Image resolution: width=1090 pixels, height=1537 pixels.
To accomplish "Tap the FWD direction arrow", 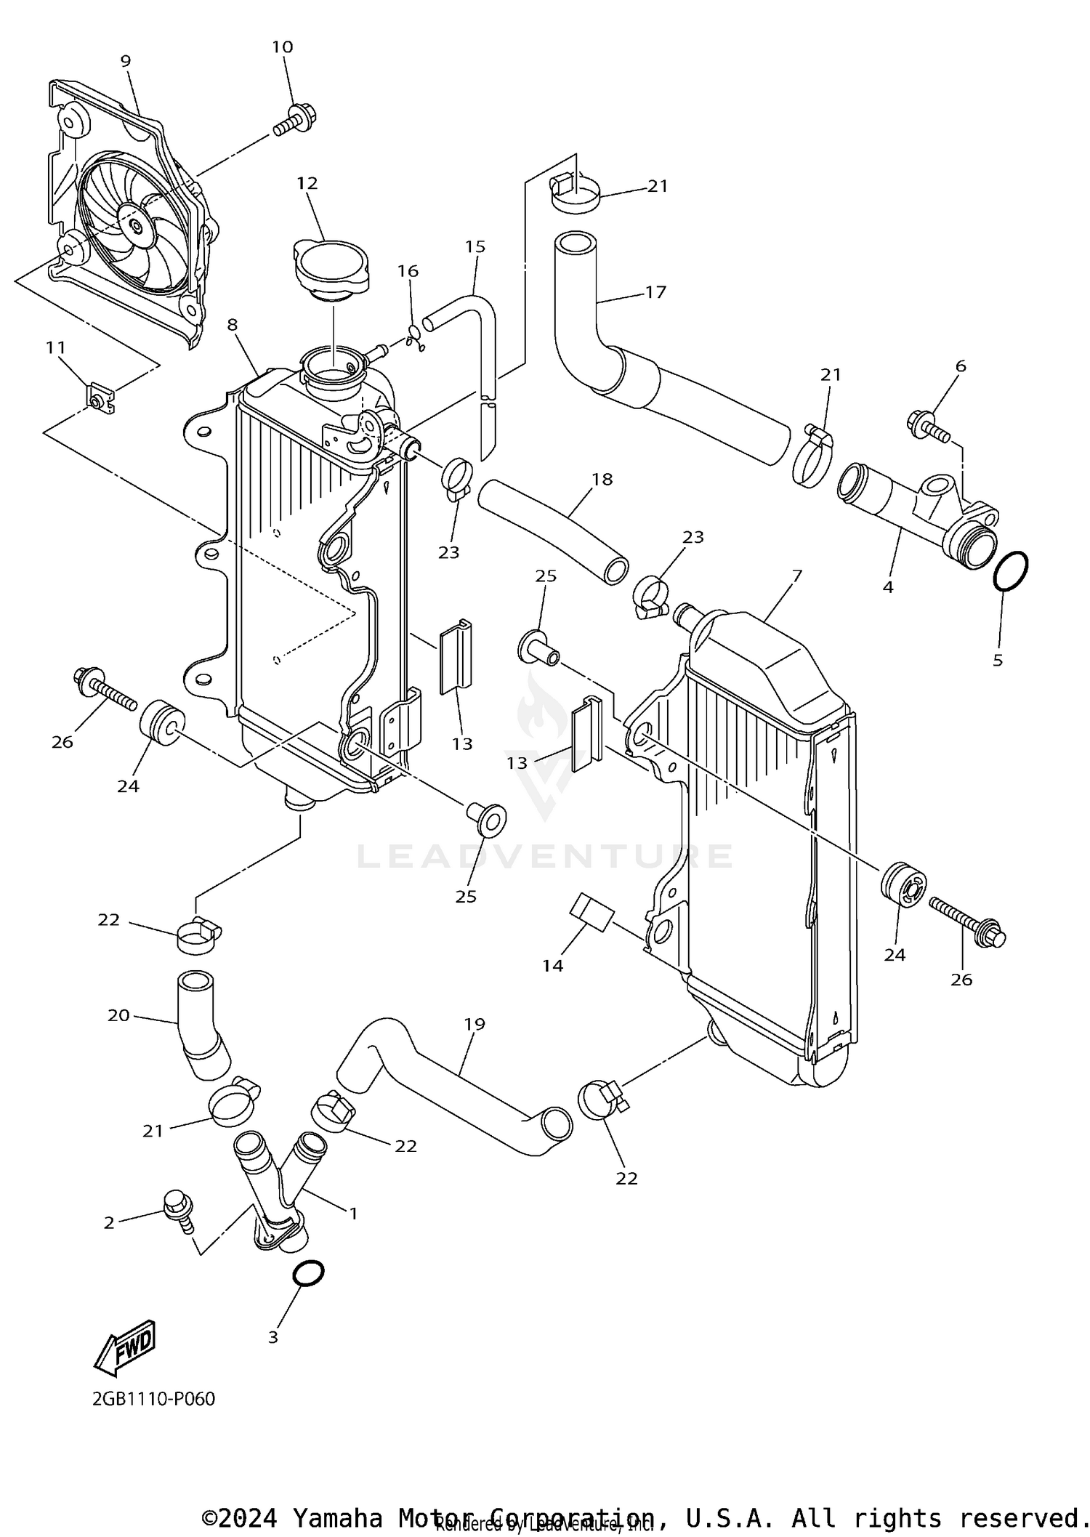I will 125,1347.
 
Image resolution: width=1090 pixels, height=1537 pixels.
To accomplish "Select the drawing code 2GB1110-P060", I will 153,1399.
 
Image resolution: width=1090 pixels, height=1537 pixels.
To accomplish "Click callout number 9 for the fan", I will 126,61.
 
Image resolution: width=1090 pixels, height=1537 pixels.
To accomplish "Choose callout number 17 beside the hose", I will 655,292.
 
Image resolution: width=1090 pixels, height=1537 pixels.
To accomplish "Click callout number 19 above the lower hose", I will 474,1024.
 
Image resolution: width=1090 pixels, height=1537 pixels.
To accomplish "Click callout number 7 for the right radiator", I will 796,576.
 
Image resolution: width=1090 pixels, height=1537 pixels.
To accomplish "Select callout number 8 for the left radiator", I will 232,325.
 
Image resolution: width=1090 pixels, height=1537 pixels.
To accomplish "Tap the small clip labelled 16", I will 415,336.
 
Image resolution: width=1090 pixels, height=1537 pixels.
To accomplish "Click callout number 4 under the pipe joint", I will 888,586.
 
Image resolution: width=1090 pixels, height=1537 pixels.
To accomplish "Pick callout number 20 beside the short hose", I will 118,1015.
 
